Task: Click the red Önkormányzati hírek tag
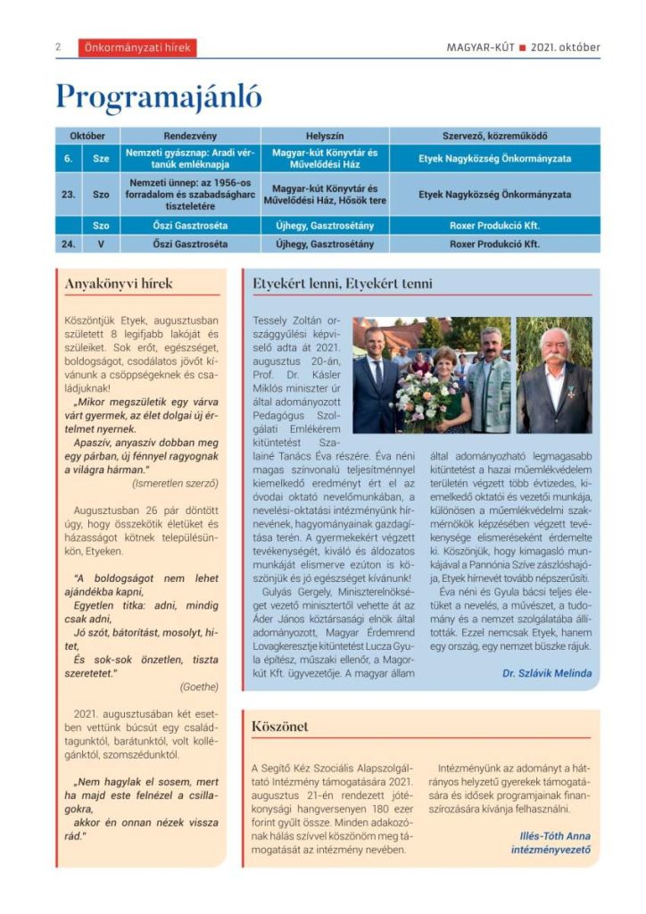point(137,48)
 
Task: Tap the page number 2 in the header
point(58,48)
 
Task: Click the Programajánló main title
point(159,96)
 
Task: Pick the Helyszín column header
point(325,136)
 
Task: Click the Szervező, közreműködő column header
point(494,136)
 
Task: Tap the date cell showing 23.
point(69,194)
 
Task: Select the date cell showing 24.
point(69,244)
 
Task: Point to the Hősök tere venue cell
point(325,194)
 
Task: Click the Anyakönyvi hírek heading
point(119,284)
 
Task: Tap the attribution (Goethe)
point(198,686)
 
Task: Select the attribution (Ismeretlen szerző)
point(175,483)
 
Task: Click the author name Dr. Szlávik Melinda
point(546,673)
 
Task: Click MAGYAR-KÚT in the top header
point(480,48)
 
